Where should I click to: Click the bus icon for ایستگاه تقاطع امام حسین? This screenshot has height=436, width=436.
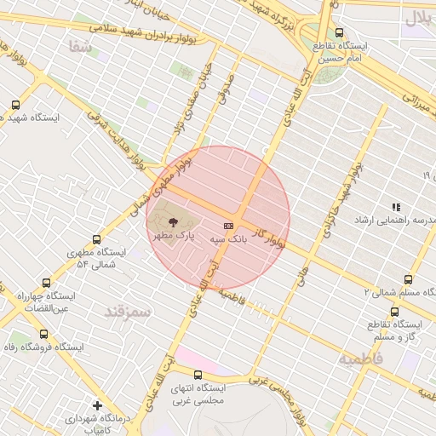click(x=340, y=32)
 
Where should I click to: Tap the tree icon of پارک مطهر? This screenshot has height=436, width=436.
click(x=174, y=221)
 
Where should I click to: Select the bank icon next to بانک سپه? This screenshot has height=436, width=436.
click(x=228, y=226)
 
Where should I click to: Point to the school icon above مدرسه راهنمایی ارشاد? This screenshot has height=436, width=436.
click(x=395, y=207)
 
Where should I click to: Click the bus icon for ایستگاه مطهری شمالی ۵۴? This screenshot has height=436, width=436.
click(x=95, y=240)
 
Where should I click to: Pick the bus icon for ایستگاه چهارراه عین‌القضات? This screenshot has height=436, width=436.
click(x=46, y=283)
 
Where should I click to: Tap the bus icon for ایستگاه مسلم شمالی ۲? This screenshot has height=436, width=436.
click(x=408, y=279)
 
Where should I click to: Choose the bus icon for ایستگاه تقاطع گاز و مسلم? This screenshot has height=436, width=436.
click(x=394, y=312)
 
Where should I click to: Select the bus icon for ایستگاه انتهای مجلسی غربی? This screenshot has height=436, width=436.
click(x=198, y=375)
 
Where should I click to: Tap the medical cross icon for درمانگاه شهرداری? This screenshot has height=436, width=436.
click(x=98, y=405)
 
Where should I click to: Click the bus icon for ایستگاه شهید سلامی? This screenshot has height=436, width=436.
click(x=15, y=105)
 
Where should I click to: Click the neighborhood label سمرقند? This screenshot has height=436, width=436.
click(x=127, y=312)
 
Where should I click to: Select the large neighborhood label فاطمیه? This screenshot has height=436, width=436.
click(x=361, y=359)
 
